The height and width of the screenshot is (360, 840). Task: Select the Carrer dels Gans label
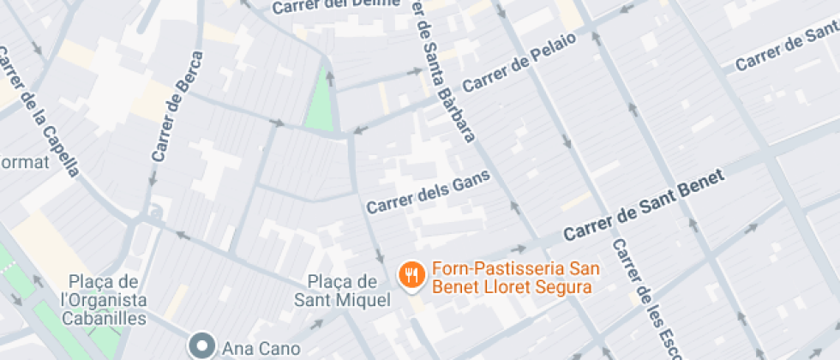point(428,191)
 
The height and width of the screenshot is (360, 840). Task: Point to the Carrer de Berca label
point(177,107)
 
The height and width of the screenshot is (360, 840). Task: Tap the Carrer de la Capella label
point(40,111)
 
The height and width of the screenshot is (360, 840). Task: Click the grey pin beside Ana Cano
point(203,346)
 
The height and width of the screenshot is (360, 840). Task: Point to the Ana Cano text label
point(261,348)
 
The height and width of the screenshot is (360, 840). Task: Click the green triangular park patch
point(322,104)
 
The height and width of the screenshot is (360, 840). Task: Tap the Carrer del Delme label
point(336,6)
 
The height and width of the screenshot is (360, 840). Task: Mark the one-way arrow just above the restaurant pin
point(380,255)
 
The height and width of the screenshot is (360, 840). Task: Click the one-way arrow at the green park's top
point(329,78)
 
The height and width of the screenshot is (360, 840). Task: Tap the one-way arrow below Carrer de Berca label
point(153,179)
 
